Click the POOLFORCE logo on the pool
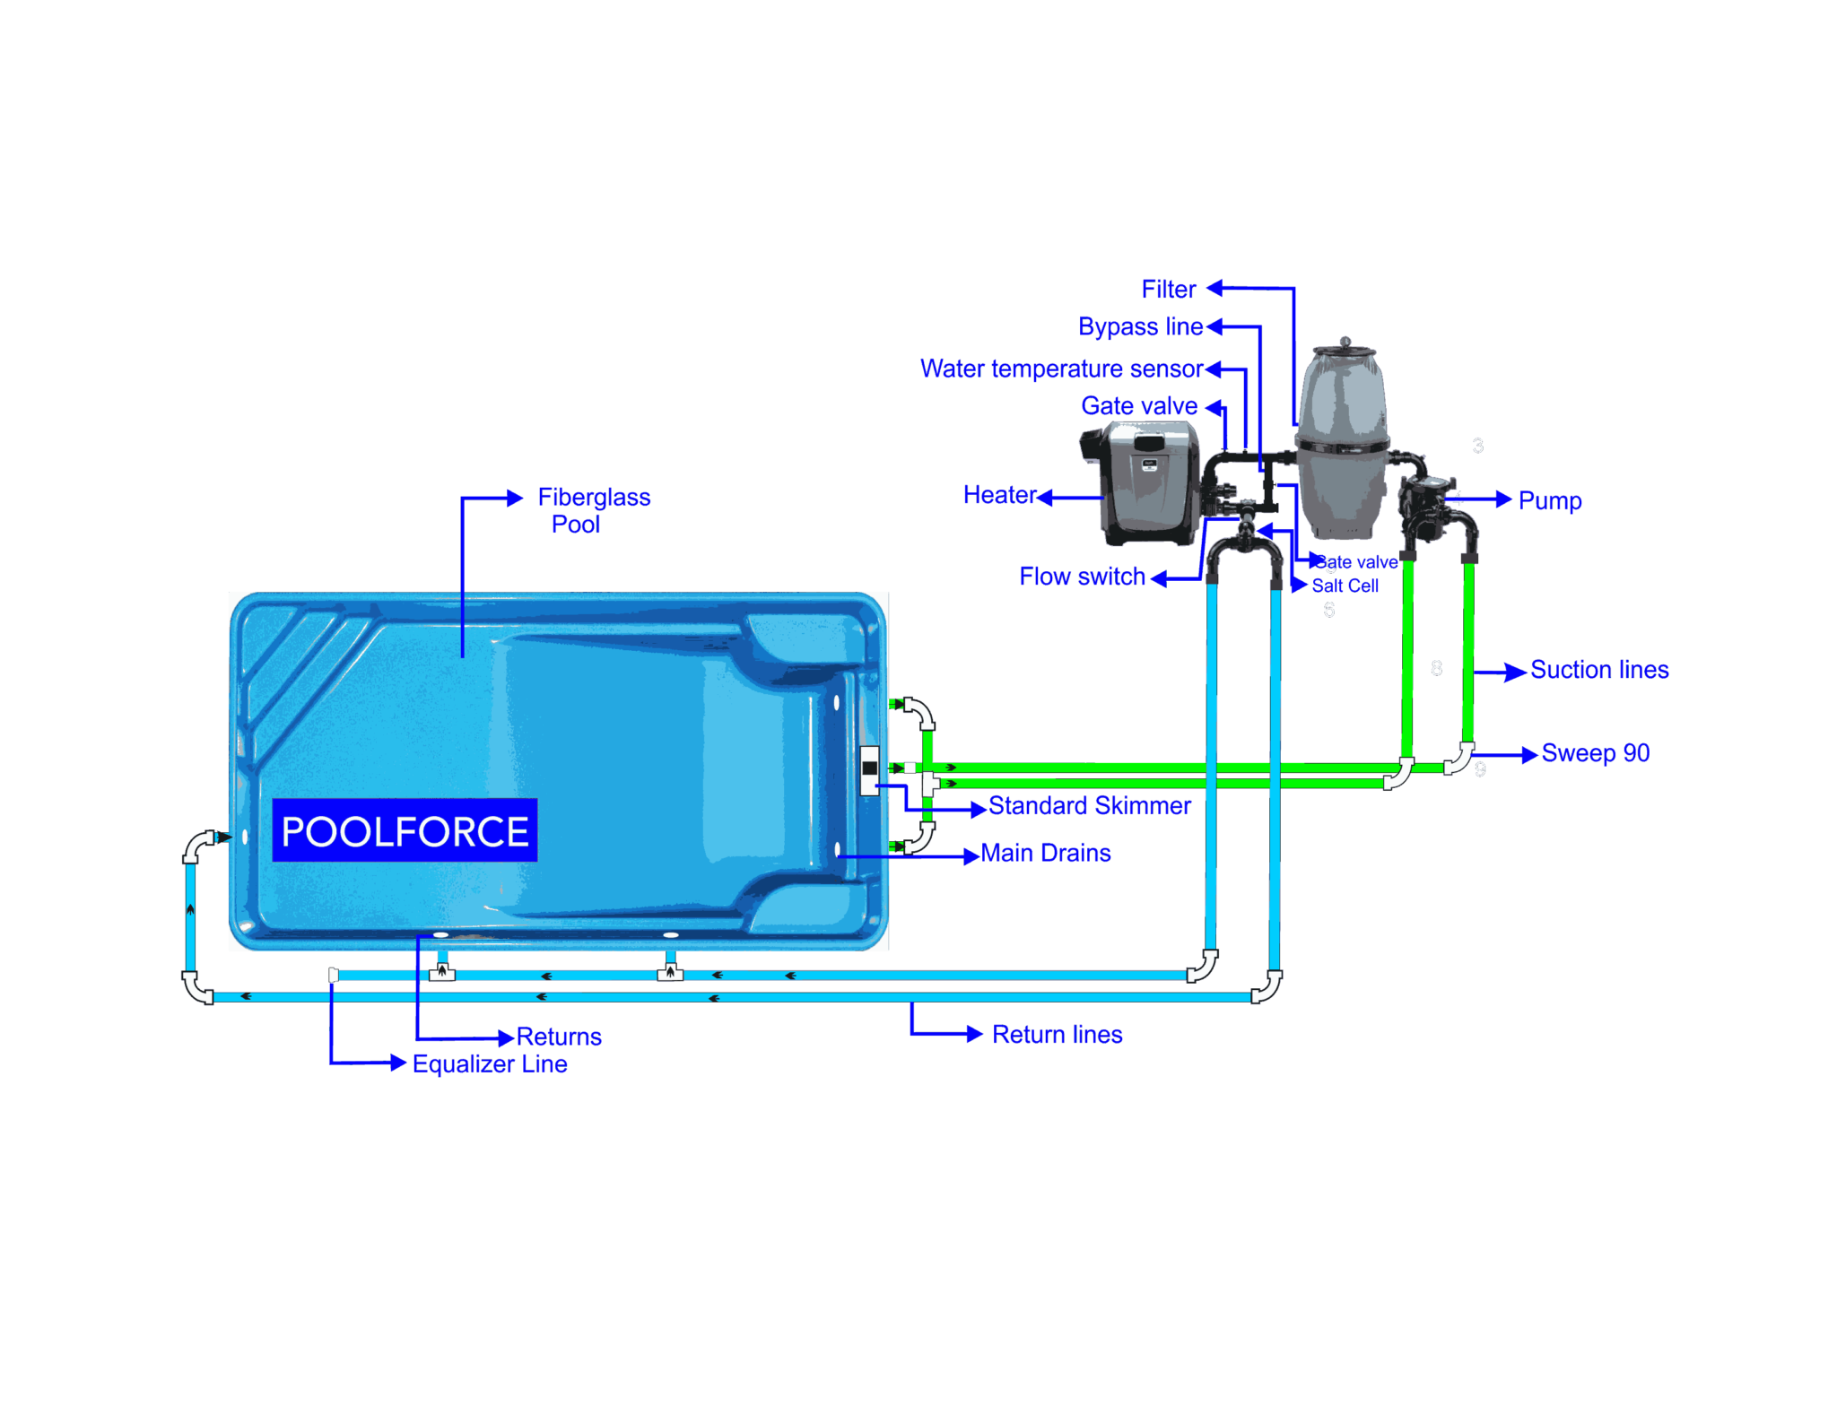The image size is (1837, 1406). click(405, 830)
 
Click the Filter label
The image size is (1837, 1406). click(1169, 290)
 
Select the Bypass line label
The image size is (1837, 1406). click(1140, 327)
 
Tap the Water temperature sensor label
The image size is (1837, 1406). click(1061, 369)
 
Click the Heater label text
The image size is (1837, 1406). click(999, 495)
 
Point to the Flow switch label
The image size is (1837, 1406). click(1083, 577)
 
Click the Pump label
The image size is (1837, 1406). click(1549, 501)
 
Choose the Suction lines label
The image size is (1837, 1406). click(1598, 670)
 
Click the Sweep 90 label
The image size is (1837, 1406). click(1595, 753)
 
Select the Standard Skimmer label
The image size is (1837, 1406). click(1089, 806)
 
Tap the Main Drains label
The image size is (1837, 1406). click(1046, 854)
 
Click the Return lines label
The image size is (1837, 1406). click(1057, 1035)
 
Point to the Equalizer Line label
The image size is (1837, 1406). click(490, 1064)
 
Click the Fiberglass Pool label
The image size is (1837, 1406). click(593, 510)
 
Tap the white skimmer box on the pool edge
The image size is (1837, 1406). click(869, 770)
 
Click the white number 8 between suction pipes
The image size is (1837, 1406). click(1436, 668)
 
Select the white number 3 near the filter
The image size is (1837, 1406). click(1477, 446)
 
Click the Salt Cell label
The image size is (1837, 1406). click(1345, 586)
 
